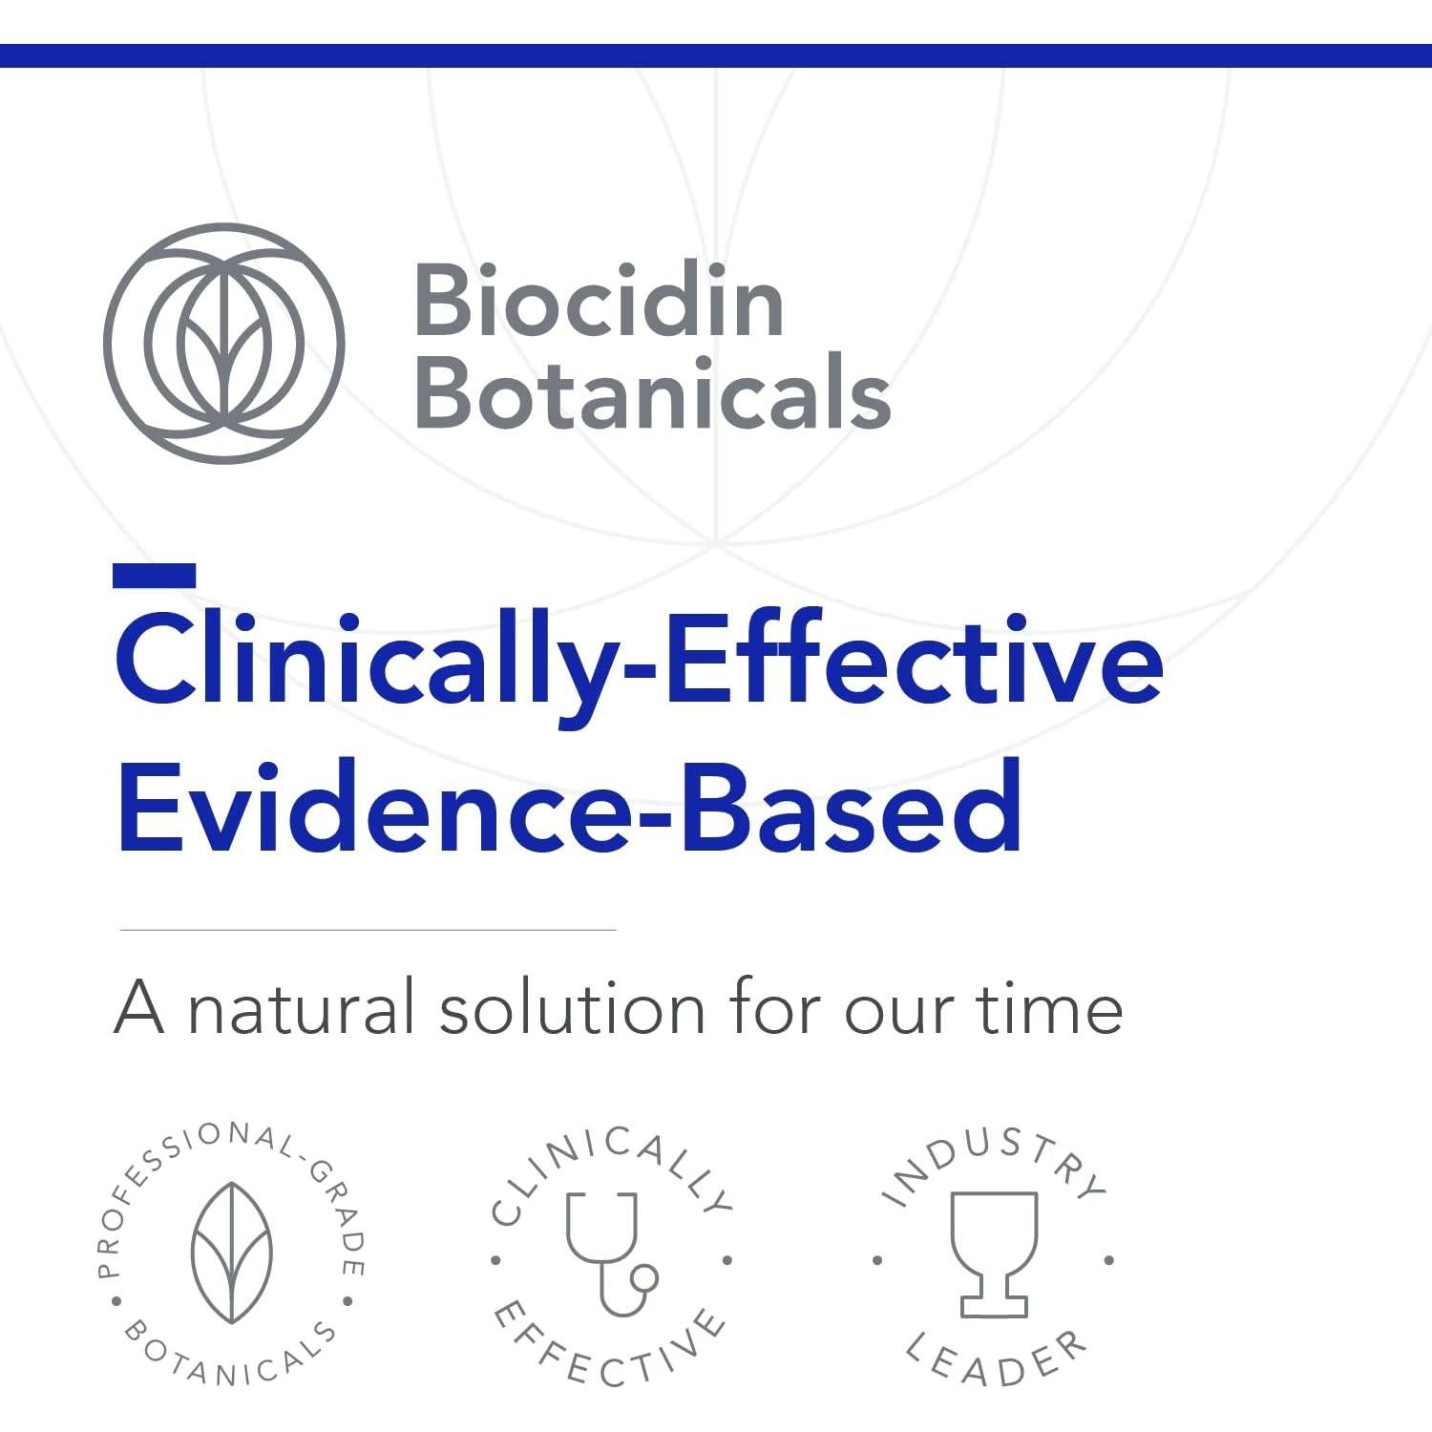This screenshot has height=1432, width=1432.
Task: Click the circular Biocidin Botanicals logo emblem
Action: point(223,344)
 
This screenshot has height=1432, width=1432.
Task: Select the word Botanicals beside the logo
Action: point(654,392)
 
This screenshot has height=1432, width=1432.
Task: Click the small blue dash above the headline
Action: point(154,576)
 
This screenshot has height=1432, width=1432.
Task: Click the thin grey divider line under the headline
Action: point(368,929)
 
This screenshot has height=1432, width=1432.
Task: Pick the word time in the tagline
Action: point(1048,1008)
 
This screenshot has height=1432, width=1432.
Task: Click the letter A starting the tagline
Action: point(139,1007)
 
